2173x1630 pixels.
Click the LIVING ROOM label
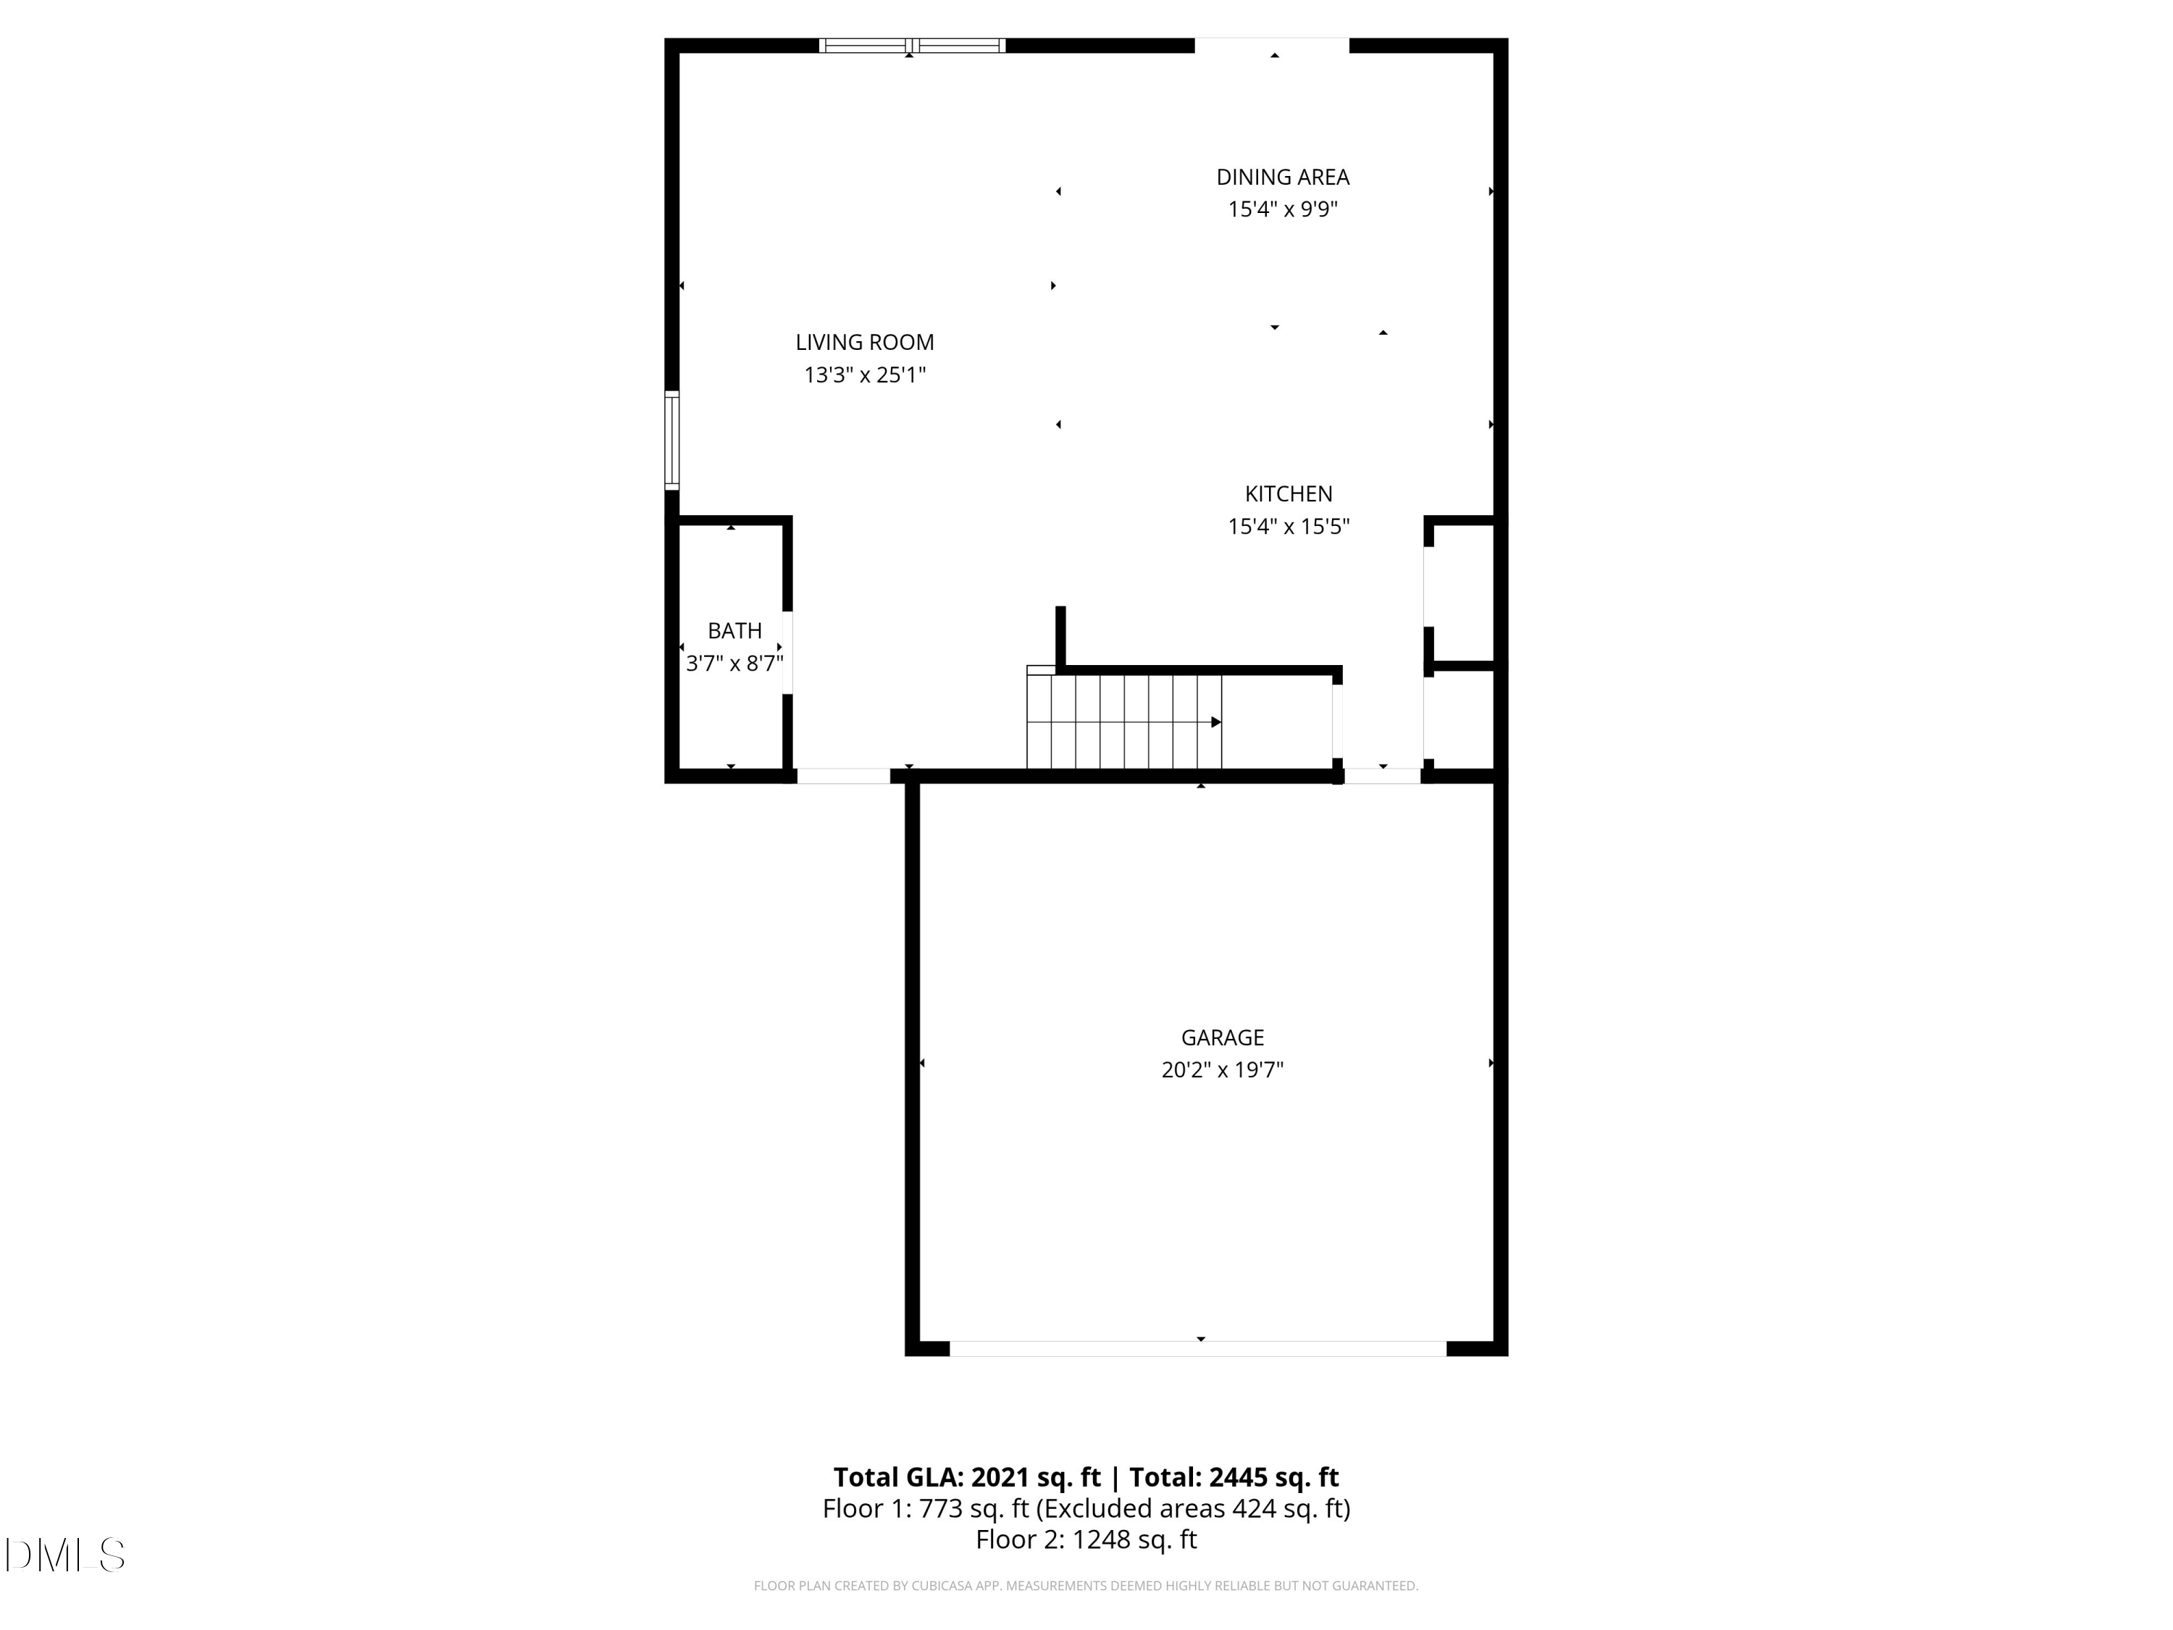[864, 342]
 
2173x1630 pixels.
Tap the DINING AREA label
[1282, 177]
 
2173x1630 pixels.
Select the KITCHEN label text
[1288, 493]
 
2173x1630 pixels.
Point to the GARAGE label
[1222, 1037]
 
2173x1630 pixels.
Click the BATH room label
[734, 630]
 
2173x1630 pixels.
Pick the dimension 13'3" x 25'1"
[864, 375]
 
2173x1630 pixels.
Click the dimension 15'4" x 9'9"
[1282, 209]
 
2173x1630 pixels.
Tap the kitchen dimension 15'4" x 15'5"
[1288, 526]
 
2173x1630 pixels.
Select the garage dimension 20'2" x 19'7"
[1222, 1069]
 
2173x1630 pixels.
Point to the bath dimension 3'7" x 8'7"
[734, 663]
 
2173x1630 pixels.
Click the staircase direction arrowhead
[1216, 722]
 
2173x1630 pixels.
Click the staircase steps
[1124, 722]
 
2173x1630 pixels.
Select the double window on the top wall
[912, 45]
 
